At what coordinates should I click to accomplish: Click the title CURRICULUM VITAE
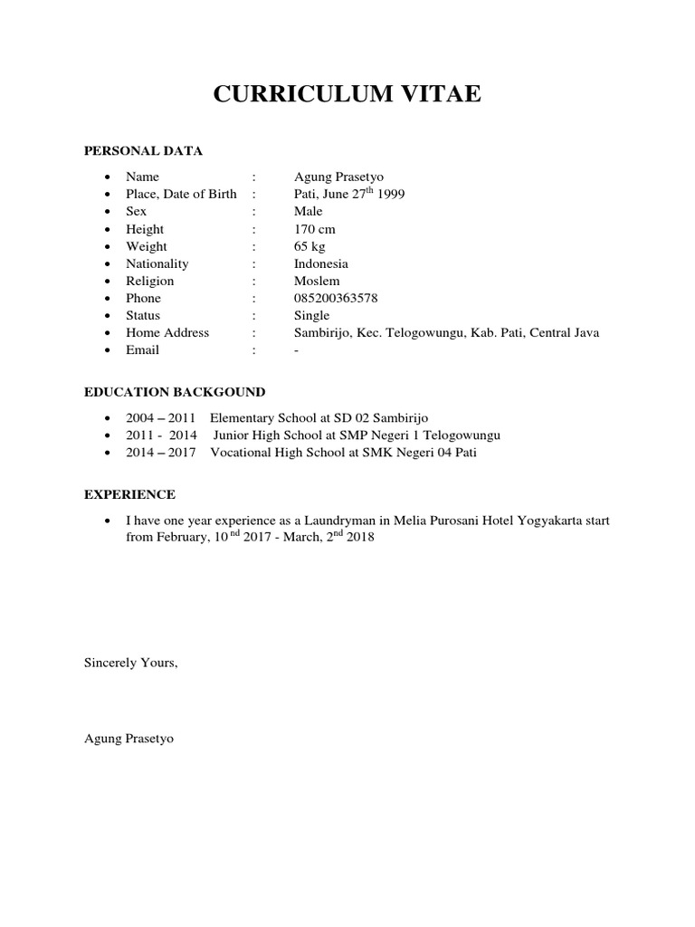[x=347, y=94]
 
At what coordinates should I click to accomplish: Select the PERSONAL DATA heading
[x=143, y=150]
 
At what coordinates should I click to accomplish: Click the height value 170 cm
[x=314, y=229]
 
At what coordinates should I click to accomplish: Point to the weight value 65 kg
[x=310, y=246]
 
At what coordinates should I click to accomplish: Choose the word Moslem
[x=315, y=281]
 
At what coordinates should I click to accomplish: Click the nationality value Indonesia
[x=321, y=263]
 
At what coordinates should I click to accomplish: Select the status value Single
[x=312, y=315]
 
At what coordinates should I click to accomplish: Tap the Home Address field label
[x=167, y=332]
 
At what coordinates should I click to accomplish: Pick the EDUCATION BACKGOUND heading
[x=175, y=392]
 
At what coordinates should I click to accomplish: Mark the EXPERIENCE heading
[x=129, y=495]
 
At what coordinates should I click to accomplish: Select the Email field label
[x=142, y=349]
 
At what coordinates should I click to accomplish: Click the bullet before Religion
[x=108, y=282]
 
